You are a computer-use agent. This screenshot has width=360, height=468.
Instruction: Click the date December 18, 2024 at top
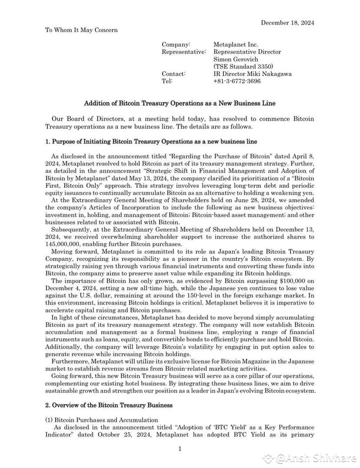287,23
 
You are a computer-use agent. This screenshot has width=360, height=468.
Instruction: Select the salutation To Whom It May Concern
81,30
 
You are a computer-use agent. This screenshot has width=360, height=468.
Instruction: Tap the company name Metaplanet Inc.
236,44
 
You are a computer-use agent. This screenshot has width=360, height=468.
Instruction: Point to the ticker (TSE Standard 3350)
243,67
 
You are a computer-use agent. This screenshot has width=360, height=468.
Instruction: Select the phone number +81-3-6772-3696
237,81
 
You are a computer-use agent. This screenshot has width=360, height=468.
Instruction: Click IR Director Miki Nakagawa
252,74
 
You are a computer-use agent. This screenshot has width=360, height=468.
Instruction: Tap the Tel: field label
167,81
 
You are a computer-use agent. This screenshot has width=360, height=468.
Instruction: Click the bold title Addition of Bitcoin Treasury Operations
180,104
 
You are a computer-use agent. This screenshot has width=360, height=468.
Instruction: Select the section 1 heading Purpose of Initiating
151,141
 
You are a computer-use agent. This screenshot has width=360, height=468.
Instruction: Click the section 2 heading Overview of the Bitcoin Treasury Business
109,405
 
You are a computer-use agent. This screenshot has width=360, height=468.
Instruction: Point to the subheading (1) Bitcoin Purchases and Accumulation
102,420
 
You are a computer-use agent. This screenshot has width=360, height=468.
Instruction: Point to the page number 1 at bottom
180,449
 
